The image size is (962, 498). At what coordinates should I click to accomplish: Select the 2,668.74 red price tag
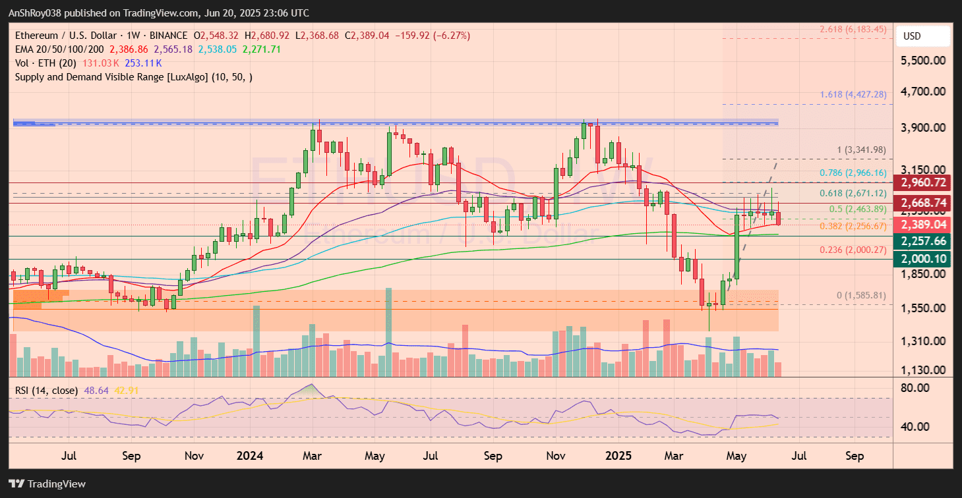pos(922,203)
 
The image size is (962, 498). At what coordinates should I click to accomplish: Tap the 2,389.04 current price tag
pos(922,225)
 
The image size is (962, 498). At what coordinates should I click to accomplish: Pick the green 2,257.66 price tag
pos(922,241)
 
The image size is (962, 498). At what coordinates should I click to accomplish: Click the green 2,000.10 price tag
pos(922,260)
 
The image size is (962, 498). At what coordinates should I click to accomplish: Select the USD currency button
pos(921,36)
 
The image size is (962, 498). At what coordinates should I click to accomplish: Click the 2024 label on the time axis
pos(250,456)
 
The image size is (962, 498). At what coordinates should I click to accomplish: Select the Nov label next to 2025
pos(556,456)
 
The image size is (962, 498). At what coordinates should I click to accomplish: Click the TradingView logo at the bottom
pos(47,484)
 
